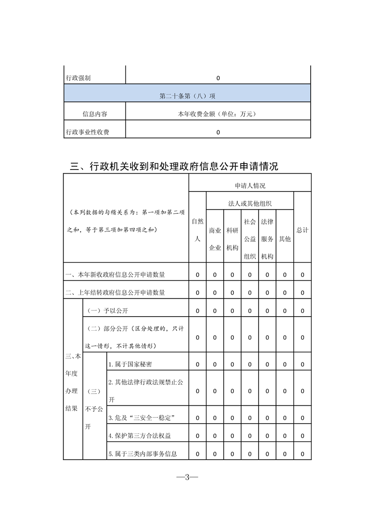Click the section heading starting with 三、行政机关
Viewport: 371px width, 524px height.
pyautogui.click(x=174, y=166)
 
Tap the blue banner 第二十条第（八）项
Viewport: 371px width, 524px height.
pyautogui.click(x=187, y=96)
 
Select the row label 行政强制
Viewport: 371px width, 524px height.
pyautogui.click(x=78, y=78)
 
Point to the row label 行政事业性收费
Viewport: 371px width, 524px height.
pyautogui.click(x=87, y=132)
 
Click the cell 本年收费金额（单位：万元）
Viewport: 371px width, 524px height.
pyautogui.click(x=218, y=113)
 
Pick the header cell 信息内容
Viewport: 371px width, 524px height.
pyautogui.click(x=95, y=113)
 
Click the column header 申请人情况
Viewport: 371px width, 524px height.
pyautogui.click(x=250, y=185)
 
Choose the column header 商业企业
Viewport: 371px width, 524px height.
pyautogui.click(x=215, y=239)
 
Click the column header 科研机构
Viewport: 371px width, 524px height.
pyautogui.click(x=232, y=239)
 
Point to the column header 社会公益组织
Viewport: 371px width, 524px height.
pyautogui.click(x=249, y=239)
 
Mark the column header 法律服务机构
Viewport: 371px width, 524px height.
pyautogui.click(x=267, y=239)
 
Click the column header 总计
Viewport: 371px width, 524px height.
pyautogui.click(x=302, y=230)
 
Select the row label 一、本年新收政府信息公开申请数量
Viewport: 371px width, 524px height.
pyautogui.click(x=115, y=275)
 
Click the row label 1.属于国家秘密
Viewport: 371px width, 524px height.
pyautogui.click(x=130, y=364)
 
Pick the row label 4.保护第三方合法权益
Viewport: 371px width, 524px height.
pyautogui.click(x=139, y=436)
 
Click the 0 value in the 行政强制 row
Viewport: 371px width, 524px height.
pyautogui.click(x=218, y=78)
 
